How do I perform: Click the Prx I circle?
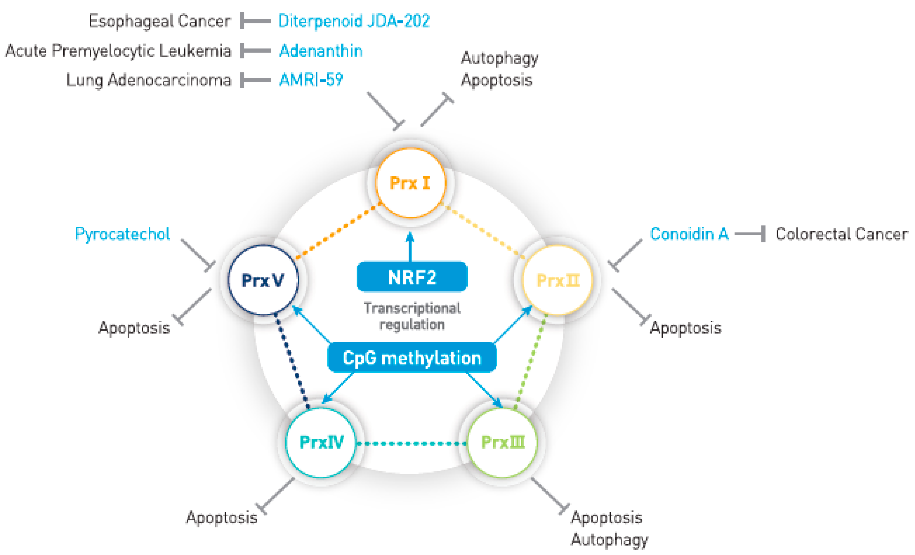tap(410, 183)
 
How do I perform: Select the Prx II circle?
tap(557, 280)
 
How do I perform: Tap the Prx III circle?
tap(502, 442)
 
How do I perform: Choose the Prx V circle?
tap(263, 280)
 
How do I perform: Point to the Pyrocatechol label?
tap(122, 234)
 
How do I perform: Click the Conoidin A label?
tap(689, 234)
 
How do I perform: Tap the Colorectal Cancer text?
tap(841, 234)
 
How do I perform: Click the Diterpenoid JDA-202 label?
tap(354, 21)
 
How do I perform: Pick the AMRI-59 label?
tap(311, 80)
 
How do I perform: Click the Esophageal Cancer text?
tap(160, 21)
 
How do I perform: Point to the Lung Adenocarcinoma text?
tap(148, 80)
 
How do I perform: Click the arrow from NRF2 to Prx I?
tap(410, 247)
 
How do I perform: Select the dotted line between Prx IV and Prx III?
tap(411, 443)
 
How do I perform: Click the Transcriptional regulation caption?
tap(412, 316)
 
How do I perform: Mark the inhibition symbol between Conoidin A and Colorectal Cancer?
tap(750, 234)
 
